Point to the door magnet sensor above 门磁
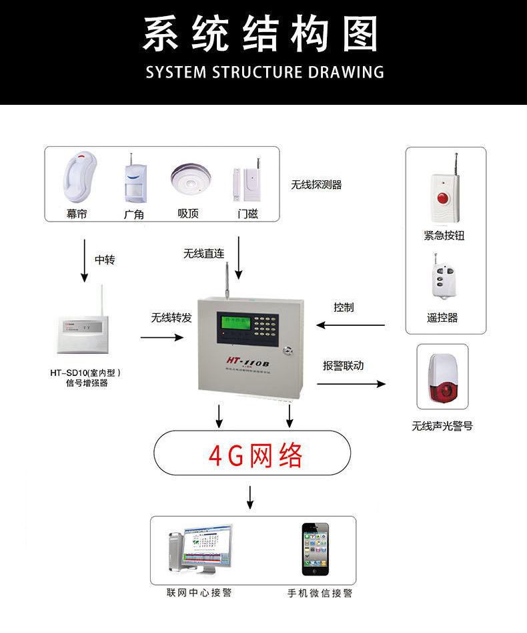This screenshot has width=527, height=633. pyautogui.click(x=246, y=186)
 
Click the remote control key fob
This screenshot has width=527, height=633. pyautogui.click(x=441, y=280)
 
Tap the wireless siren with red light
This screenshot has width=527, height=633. pyautogui.click(x=442, y=379)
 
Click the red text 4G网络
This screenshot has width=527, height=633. pyautogui.click(x=255, y=456)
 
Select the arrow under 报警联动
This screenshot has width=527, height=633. pyautogui.click(x=351, y=384)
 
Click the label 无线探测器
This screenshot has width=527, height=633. pyautogui.click(x=316, y=185)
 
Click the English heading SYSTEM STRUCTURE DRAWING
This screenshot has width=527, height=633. pyautogui.click(x=265, y=72)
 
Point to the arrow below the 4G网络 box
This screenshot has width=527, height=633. pyautogui.click(x=250, y=497)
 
